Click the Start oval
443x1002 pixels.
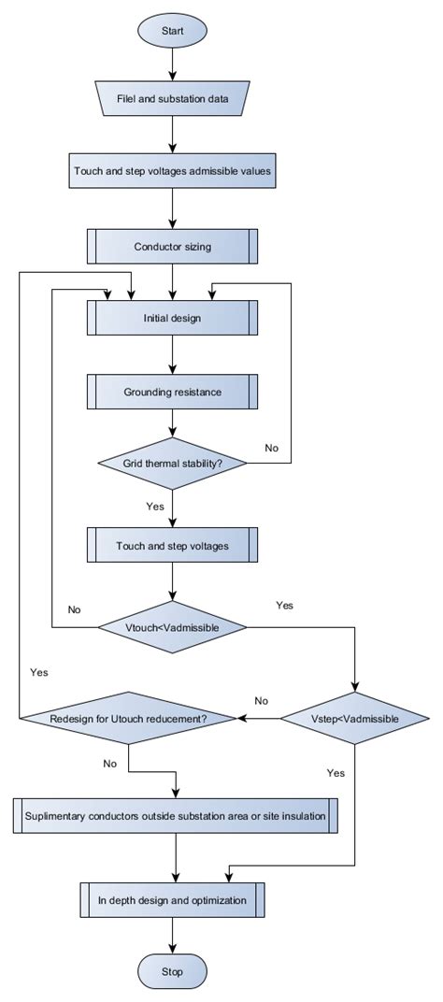[x=172, y=31]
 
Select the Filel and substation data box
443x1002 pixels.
[x=172, y=98]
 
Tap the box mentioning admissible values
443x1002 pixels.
[x=172, y=172]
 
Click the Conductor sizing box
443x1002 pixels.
[x=172, y=247]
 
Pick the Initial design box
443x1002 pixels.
[x=172, y=317]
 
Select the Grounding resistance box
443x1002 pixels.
[x=172, y=392]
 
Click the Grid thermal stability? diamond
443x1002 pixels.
[x=172, y=463]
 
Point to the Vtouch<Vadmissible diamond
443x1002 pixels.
[x=172, y=626]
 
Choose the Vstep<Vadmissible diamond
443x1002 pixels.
[x=355, y=719]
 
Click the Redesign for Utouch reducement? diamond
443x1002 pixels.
[x=127, y=719]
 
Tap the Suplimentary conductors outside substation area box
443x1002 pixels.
[x=176, y=816]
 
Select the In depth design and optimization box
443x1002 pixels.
[x=172, y=901]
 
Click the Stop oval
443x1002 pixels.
[x=172, y=973]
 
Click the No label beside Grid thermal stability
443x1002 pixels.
[x=272, y=448]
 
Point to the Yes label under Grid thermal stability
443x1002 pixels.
[x=154, y=506]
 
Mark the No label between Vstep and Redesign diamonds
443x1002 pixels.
[x=262, y=700]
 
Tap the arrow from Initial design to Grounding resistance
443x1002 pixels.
[x=172, y=354]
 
